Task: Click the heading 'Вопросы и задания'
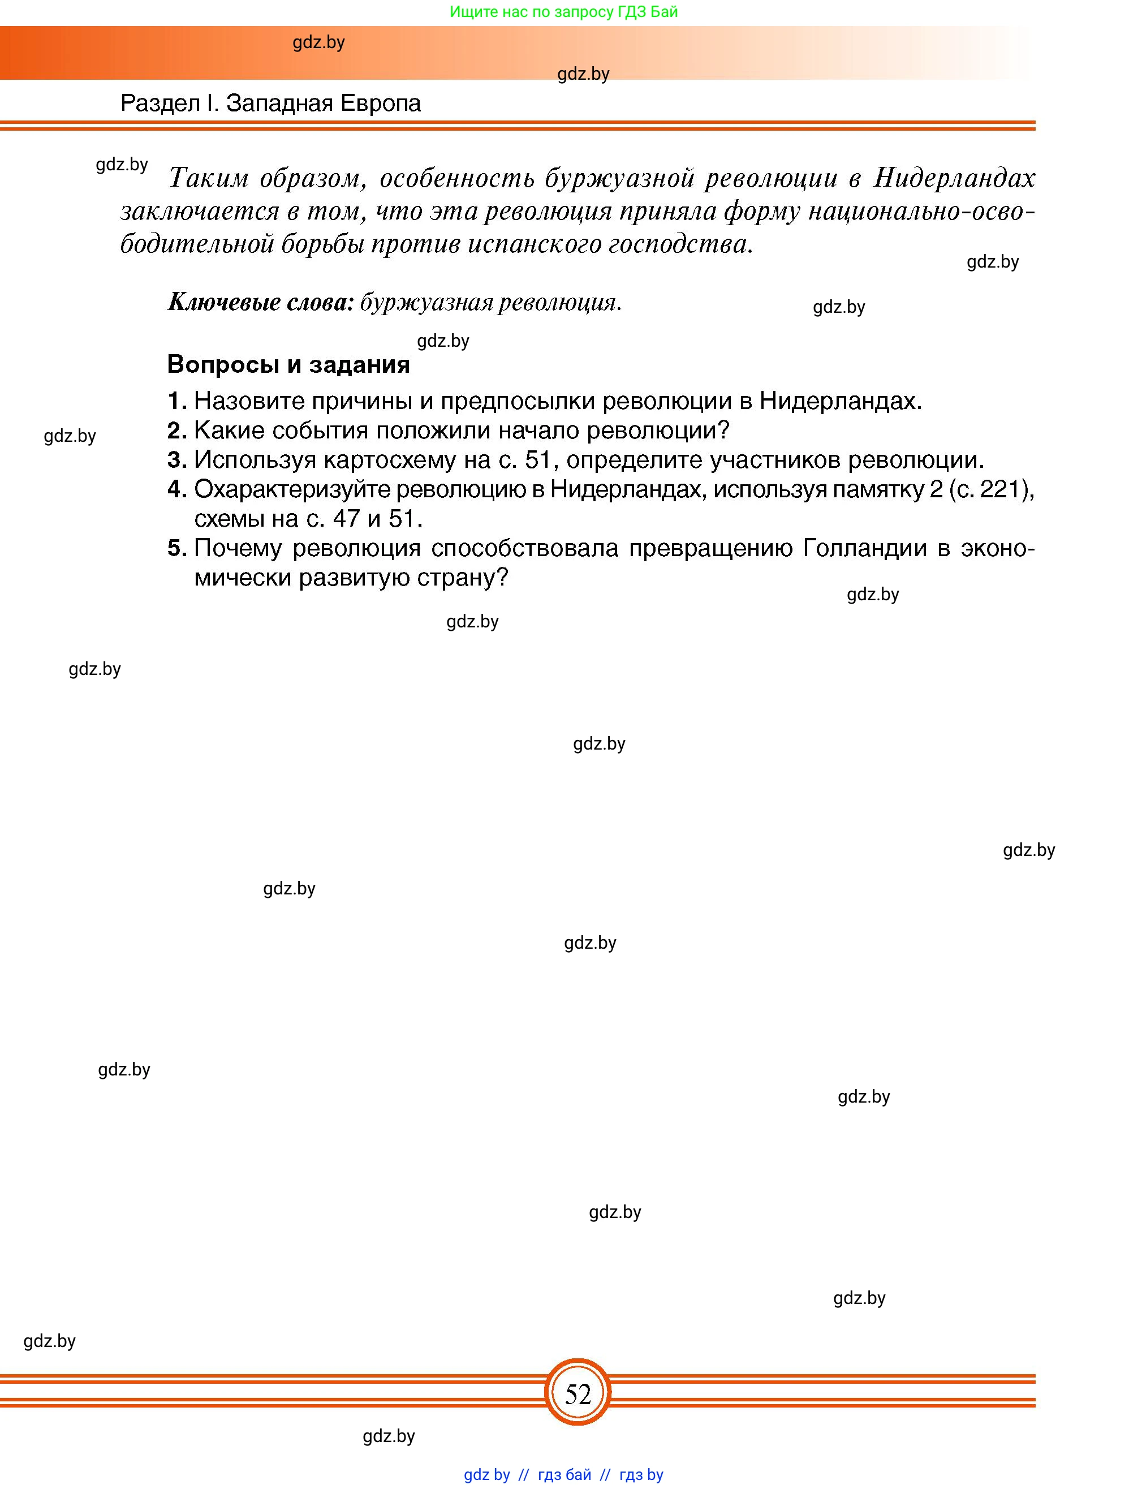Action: click(288, 364)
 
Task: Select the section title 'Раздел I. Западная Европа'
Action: click(270, 103)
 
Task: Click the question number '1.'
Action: click(177, 401)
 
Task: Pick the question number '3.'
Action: click(177, 460)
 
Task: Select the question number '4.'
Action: click(177, 489)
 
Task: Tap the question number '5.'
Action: click(177, 548)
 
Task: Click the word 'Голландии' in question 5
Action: click(865, 548)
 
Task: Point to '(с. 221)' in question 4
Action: click(990, 489)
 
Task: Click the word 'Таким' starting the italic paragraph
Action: click(208, 178)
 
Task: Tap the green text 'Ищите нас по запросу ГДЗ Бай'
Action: click(563, 11)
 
